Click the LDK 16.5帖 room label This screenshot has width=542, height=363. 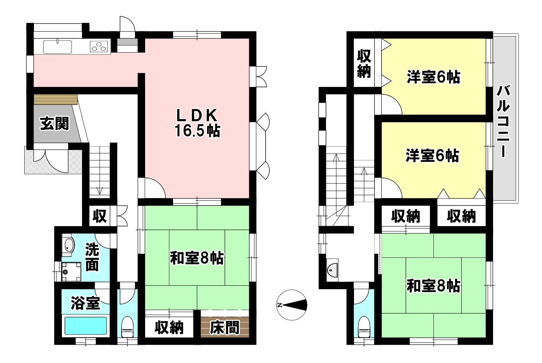(197, 123)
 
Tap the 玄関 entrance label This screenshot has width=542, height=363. (54, 123)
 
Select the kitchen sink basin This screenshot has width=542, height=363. (57, 47)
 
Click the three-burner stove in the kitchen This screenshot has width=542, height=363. (99, 47)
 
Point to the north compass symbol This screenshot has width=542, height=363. (292, 305)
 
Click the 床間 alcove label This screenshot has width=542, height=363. (225, 328)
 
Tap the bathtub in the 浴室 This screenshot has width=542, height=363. (86, 326)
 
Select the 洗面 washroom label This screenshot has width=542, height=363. (92, 257)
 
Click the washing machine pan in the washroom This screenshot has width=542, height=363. (71, 272)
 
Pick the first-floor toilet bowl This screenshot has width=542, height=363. (127, 326)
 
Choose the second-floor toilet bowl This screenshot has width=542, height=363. (364, 327)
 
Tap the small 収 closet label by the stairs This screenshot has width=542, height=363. (100, 216)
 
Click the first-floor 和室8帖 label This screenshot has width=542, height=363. (197, 258)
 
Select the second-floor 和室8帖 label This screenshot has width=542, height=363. (433, 286)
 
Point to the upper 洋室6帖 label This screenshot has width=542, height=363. (433, 77)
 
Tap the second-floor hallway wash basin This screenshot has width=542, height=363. (332, 270)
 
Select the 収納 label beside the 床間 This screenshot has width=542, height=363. (169, 328)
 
